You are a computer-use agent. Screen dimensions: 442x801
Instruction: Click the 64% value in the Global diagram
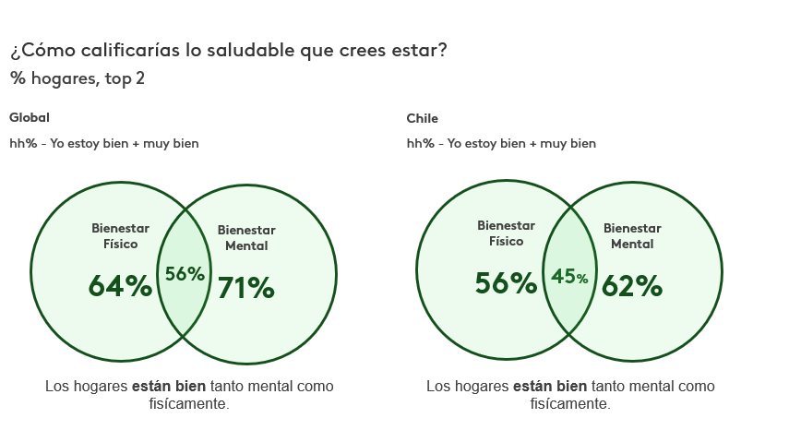point(120,287)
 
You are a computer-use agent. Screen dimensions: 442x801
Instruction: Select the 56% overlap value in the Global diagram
point(185,274)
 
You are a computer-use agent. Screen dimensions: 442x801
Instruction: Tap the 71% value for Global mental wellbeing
point(246,289)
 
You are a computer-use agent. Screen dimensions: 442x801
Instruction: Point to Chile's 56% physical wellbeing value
point(506,283)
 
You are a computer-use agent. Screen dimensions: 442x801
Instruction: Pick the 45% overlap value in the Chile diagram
point(569,277)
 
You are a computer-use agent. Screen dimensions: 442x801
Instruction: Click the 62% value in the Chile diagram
point(632,287)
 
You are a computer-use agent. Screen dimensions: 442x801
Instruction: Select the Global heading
point(30,118)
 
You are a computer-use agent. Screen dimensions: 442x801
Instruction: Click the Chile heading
point(423,118)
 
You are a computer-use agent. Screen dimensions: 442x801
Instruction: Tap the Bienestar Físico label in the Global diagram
point(120,236)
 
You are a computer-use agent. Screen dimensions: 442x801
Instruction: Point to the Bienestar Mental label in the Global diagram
point(246,238)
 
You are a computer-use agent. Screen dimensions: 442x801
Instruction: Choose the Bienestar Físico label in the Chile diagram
point(506,233)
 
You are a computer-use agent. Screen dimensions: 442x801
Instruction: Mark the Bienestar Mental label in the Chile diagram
point(632,236)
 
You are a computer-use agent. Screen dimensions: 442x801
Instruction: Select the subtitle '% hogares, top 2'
point(78,78)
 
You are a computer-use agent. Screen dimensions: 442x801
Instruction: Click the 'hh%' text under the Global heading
point(22,143)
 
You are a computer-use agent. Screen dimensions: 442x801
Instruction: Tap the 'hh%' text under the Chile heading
point(420,143)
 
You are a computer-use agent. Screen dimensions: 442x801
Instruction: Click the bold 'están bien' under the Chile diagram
point(550,387)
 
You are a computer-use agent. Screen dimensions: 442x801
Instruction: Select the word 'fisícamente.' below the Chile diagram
point(569,404)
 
